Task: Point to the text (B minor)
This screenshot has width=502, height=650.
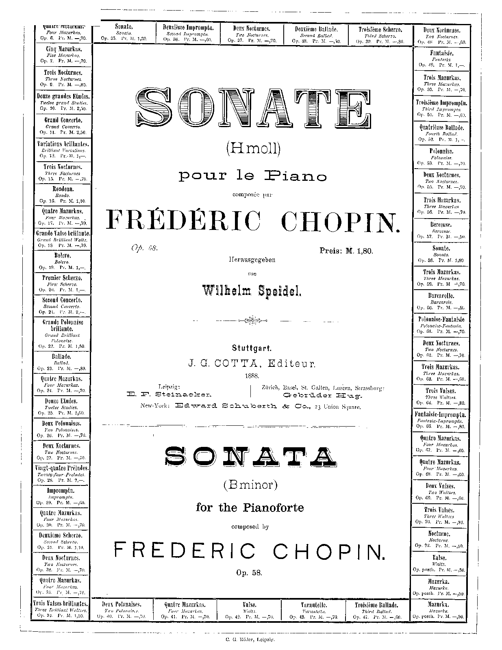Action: pos(250,485)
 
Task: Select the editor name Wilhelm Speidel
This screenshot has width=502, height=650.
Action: pos(252,290)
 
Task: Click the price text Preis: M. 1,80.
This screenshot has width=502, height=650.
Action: pos(346,251)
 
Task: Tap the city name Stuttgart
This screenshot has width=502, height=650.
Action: pos(252,348)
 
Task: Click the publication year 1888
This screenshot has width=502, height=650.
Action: pos(252,375)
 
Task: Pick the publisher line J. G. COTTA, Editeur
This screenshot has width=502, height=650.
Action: pos(252,364)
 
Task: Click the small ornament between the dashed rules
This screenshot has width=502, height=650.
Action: pos(252,321)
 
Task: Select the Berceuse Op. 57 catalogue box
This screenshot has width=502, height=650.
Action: pos(441,230)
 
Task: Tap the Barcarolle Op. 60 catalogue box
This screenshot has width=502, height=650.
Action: pos(441,302)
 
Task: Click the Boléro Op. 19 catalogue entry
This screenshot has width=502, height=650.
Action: pos(62,261)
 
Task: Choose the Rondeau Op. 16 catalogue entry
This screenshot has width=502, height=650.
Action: pos(62,195)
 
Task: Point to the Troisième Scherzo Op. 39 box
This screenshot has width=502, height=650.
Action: pos(380,35)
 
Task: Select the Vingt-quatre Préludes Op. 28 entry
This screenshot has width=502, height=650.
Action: pos(62,474)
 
